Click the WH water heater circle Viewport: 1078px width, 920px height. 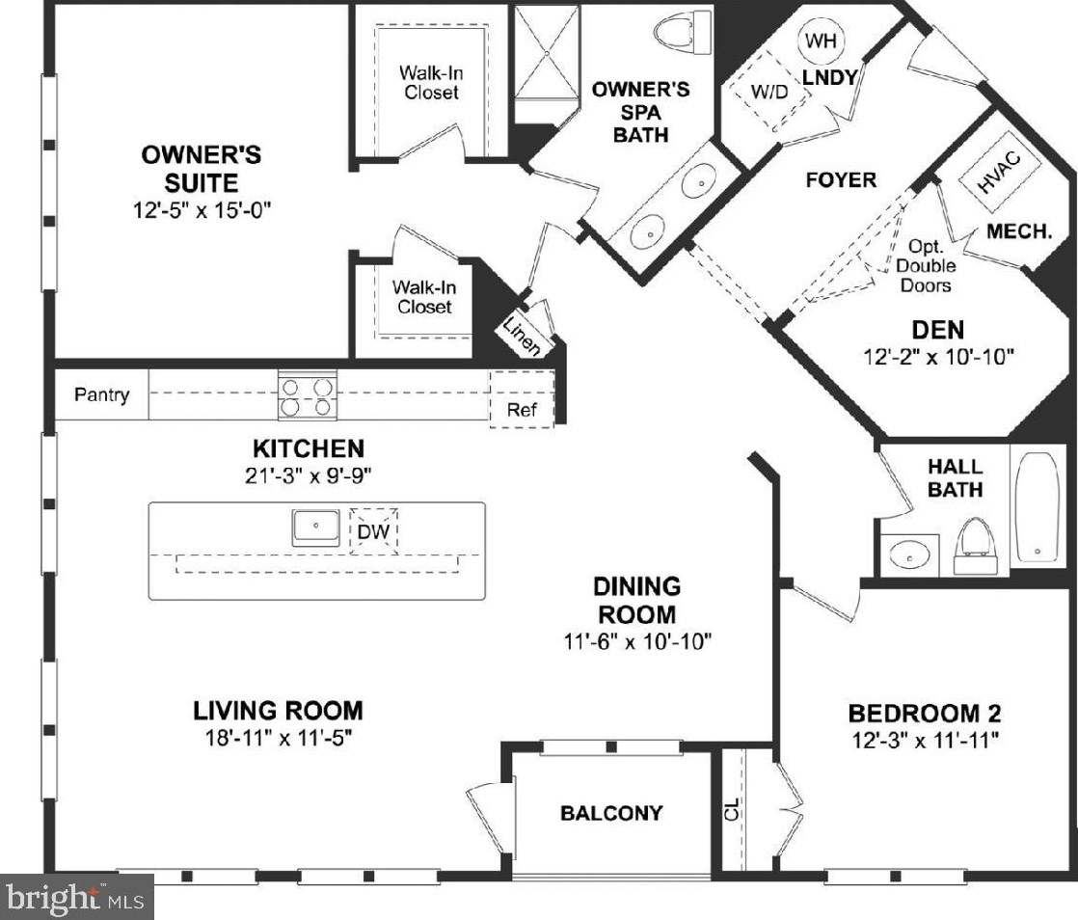822,41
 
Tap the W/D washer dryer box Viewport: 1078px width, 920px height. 770,92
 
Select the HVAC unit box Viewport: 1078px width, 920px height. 998,171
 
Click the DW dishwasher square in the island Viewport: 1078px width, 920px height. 374,530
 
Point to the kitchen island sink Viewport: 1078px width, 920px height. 315,528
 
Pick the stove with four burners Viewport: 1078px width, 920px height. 308,394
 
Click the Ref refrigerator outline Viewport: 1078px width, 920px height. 522,399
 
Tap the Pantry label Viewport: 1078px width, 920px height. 102,394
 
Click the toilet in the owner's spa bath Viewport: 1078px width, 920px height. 683,31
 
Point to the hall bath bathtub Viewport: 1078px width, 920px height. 1038,508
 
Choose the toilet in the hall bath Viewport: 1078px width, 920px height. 976,546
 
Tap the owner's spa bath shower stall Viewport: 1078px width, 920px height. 548,52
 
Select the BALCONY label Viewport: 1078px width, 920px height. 611,813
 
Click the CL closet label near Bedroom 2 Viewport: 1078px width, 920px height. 732,809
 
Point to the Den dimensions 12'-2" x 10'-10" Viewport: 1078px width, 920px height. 938,357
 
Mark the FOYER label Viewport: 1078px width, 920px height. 841,180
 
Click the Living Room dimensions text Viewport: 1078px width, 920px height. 279,738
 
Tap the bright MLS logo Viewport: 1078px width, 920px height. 76,898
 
